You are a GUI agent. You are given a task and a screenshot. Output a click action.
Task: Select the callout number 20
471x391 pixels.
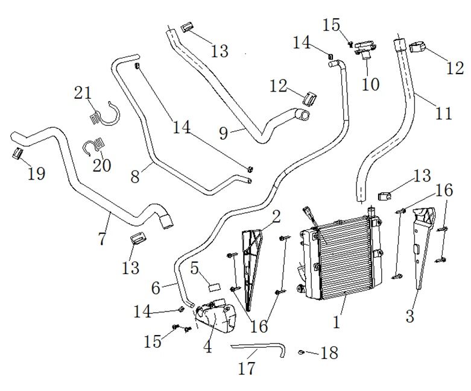coord(102,164)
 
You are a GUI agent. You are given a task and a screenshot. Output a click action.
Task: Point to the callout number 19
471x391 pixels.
coord(36,174)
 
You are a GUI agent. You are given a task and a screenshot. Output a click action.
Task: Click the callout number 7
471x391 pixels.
coord(102,238)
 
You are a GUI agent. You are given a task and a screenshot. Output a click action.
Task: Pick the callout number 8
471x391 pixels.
coord(135,177)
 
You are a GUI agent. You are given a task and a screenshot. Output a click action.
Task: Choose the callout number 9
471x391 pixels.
coord(224,133)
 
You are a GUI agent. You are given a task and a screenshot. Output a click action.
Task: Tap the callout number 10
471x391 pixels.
coord(370,84)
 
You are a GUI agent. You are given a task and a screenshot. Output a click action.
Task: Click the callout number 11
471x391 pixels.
coord(443,113)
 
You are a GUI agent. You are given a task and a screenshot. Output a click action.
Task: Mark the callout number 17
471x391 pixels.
coord(247,368)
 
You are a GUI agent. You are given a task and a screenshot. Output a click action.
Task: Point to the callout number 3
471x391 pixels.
coord(410,316)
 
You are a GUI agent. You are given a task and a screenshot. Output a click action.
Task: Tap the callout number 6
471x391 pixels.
coord(156,288)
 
